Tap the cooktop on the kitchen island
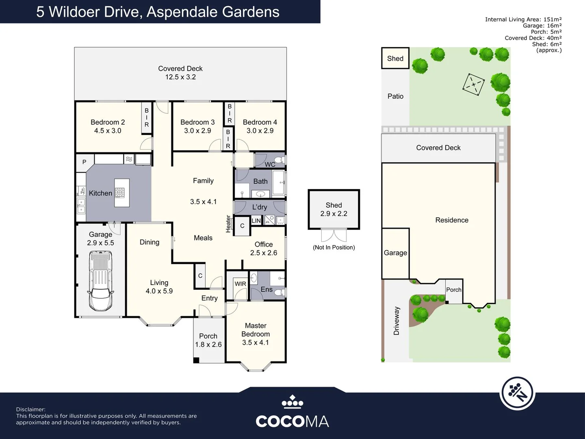(120, 193)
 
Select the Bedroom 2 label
(108, 122)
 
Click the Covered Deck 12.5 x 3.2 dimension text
(180, 77)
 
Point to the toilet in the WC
(279, 160)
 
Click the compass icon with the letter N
(517, 393)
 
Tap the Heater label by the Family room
(228, 224)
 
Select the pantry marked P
(84, 162)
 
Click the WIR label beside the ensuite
(240, 284)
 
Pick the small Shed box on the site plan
(395, 59)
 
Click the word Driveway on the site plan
(396, 321)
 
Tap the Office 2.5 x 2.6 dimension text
(264, 253)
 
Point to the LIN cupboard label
(256, 221)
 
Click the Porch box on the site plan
(454, 291)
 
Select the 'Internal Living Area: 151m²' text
(523, 20)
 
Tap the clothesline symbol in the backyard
(473, 85)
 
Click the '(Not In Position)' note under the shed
(334, 248)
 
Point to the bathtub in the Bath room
(279, 183)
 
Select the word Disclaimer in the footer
(30, 409)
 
